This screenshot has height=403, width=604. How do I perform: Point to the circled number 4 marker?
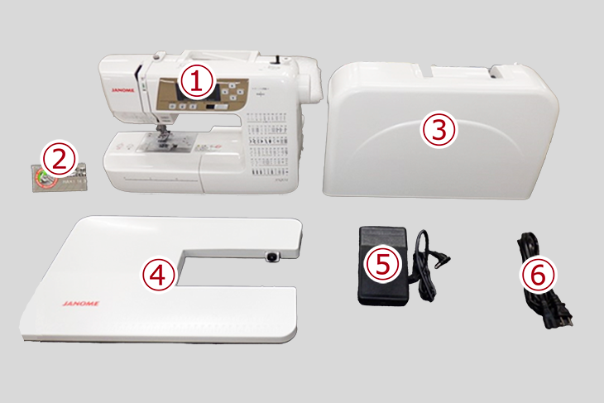tap(159, 273)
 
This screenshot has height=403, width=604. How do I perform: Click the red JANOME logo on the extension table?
tap(79, 304)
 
